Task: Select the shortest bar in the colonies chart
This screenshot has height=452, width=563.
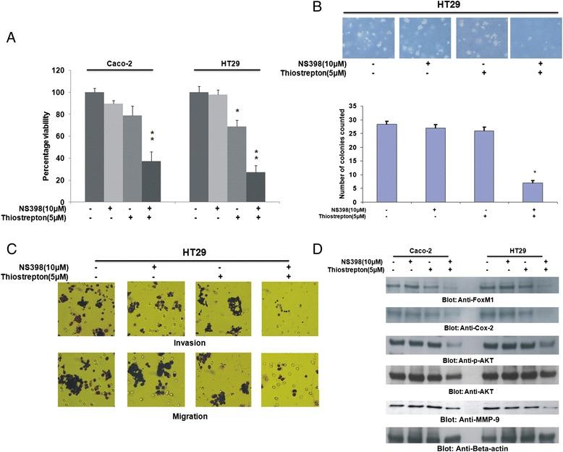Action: click(x=531, y=192)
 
